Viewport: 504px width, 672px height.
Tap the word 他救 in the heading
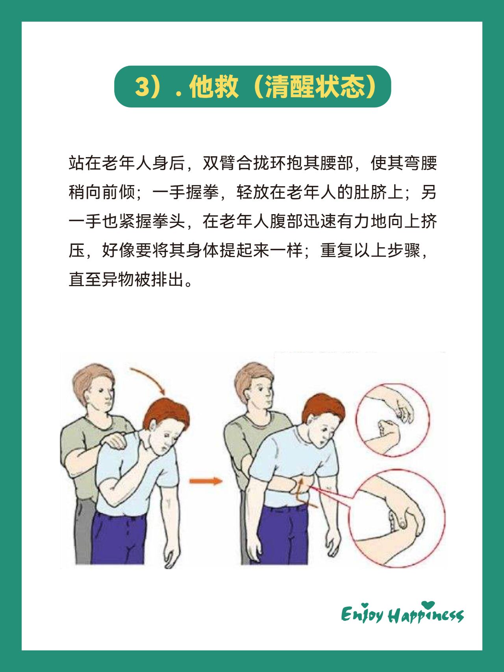point(214,87)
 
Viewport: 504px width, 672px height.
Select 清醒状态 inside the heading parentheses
point(315,87)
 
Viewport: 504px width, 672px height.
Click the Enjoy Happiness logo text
point(402,615)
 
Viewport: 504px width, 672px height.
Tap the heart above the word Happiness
point(428,605)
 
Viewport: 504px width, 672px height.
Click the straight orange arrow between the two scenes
point(205,481)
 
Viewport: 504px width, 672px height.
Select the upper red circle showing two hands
point(393,420)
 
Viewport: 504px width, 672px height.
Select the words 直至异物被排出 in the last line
point(126,280)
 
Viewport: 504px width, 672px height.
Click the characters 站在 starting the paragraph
point(85,163)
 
